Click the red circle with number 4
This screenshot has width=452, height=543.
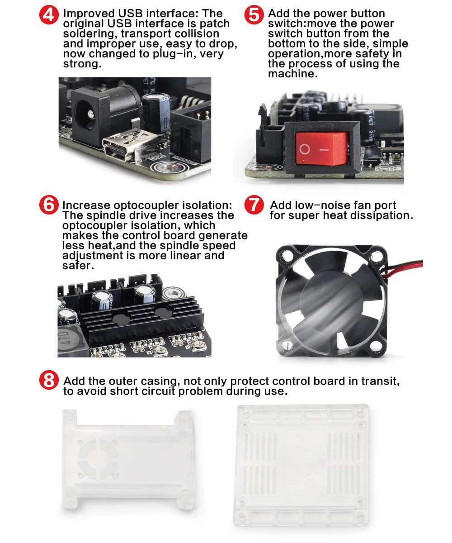click(49, 15)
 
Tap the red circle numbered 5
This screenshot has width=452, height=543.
click(254, 15)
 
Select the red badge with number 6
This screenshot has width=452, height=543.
click(49, 205)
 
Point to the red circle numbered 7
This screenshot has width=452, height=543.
click(254, 205)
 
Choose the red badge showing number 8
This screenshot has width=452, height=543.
click(49, 380)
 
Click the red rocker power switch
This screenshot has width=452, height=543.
click(321, 148)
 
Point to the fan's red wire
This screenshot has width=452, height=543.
click(402, 268)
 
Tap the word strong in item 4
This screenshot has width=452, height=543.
click(82, 64)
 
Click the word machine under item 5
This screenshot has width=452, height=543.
click(293, 74)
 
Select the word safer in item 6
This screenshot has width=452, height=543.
click(78, 266)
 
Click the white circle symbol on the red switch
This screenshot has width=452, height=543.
click(305, 149)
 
